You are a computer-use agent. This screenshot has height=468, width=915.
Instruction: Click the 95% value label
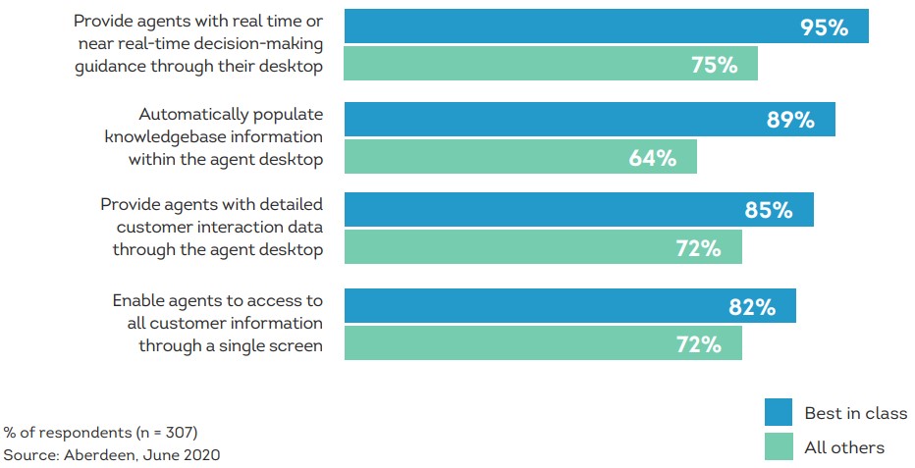(824, 27)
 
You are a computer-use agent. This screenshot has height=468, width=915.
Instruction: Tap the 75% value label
(714, 65)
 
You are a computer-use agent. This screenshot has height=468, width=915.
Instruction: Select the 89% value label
(790, 121)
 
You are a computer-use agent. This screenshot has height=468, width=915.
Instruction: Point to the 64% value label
(652, 158)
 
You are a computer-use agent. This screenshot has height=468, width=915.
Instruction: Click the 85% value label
(768, 210)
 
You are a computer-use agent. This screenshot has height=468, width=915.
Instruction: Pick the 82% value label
(752, 307)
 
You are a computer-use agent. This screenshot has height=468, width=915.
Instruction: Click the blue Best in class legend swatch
(778, 413)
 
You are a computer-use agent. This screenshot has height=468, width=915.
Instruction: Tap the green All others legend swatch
(778, 446)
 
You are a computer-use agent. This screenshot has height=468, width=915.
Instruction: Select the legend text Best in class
(855, 413)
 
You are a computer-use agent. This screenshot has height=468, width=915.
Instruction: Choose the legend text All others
(844, 447)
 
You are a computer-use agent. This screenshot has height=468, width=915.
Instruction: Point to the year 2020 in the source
(200, 455)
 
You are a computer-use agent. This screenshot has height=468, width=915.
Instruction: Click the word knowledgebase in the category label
(165, 136)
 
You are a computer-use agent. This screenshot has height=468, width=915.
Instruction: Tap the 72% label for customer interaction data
(698, 248)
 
